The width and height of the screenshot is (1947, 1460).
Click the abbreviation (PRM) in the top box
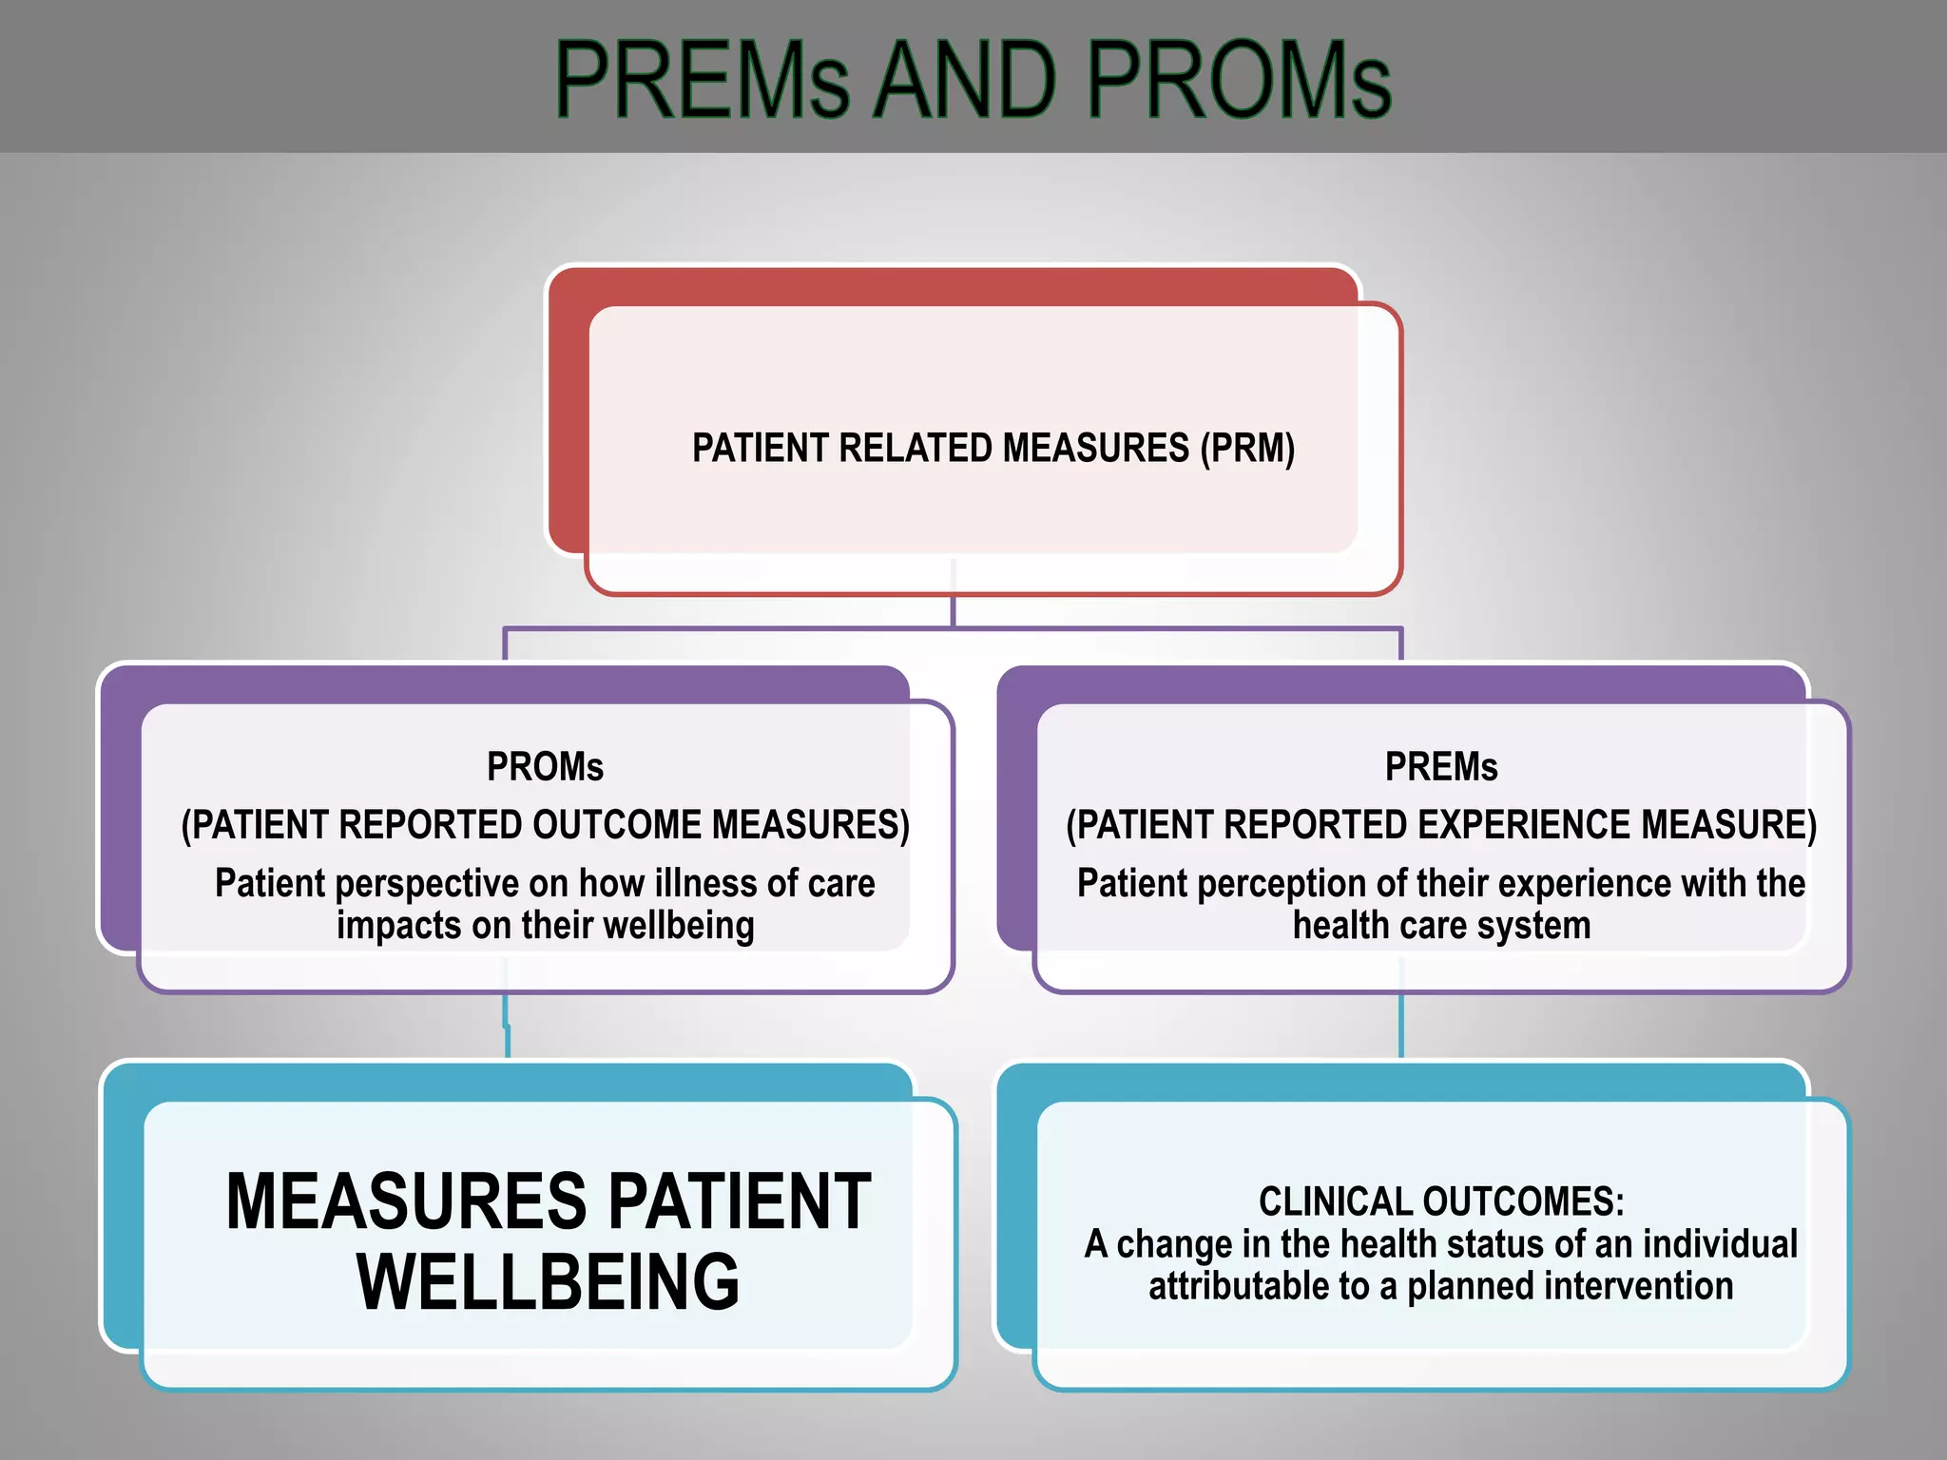[1247, 448]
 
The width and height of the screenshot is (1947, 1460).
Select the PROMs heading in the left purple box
[545, 767]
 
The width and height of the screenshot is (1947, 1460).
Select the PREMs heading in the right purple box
[1440, 767]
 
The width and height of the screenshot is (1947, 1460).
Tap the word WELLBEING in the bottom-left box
[548, 1282]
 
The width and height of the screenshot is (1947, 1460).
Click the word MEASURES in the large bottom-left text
[407, 1201]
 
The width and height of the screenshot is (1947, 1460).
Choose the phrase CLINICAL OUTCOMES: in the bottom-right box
[1441, 1201]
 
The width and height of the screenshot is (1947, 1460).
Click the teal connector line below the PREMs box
[1401, 1027]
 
